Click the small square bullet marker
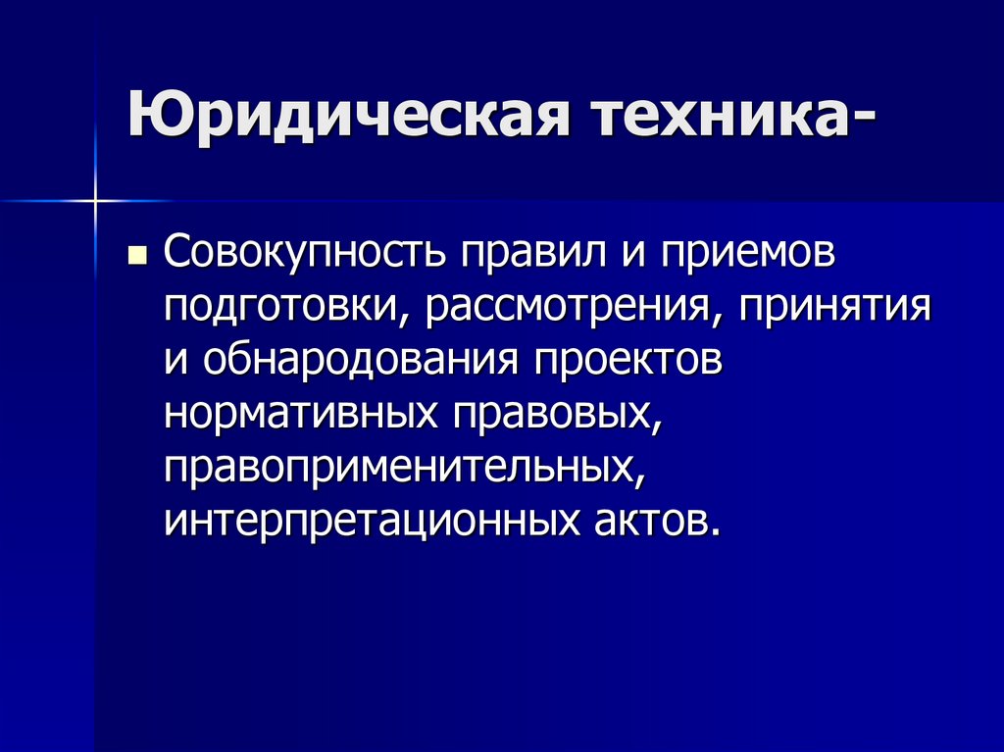tap(137, 258)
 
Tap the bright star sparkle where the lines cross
tap(96, 202)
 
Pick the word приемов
tap(744, 257)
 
